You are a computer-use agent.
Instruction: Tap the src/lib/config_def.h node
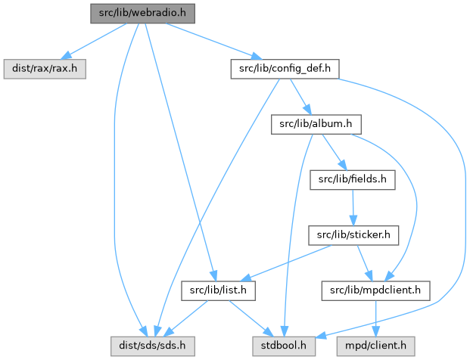(283, 69)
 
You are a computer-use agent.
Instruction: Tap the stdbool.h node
(282, 345)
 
